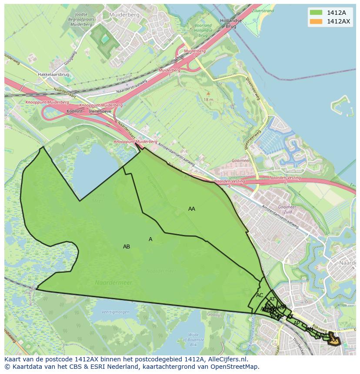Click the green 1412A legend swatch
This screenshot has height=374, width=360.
point(316,13)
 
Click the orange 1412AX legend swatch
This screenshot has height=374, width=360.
point(316,21)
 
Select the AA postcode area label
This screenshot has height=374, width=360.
point(191,209)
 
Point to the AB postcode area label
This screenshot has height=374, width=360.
point(127,247)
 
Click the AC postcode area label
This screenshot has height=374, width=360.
point(260,295)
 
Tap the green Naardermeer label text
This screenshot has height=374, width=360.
point(113,283)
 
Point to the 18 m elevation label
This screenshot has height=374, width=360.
point(208,99)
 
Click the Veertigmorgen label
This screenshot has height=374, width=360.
point(115,312)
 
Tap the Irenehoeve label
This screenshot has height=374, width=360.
point(100,111)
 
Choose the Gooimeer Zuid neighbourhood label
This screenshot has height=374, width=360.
point(287,210)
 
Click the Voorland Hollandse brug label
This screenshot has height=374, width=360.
point(203,30)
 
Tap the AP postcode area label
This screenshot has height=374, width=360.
point(297,323)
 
